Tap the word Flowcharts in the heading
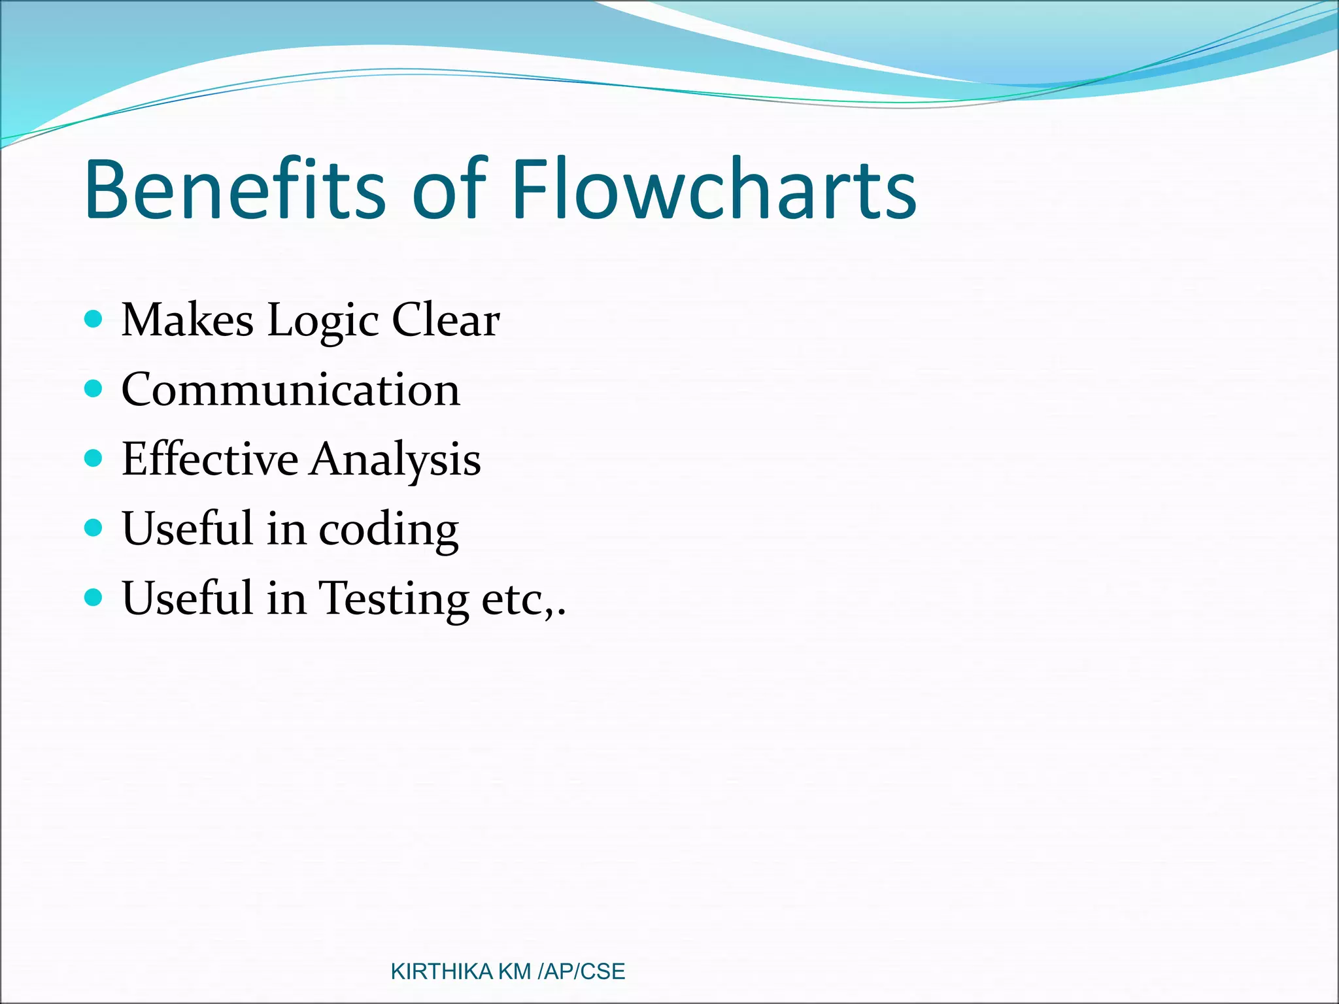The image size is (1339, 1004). coord(714,190)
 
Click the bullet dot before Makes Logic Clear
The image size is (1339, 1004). coord(94,320)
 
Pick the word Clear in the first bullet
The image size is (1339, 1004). coord(446,320)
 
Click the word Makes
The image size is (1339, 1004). coord(188,320)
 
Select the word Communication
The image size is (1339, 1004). coord(291,390)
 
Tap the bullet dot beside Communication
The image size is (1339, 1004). coord(94,389)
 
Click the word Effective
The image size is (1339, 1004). coord(210,459)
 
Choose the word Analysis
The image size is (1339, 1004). coord(396,460)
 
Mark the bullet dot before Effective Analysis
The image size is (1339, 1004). coord(94,458)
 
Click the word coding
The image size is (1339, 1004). coord(389,529)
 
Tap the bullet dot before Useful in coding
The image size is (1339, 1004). coord(94,527)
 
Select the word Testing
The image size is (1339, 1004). coord(394,599)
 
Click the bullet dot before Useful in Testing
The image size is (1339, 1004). coord(94,597)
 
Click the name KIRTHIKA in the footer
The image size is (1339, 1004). coord(441,972)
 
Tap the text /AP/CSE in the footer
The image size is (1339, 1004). coord(581,972)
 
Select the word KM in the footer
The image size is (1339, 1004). coord(515,972)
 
